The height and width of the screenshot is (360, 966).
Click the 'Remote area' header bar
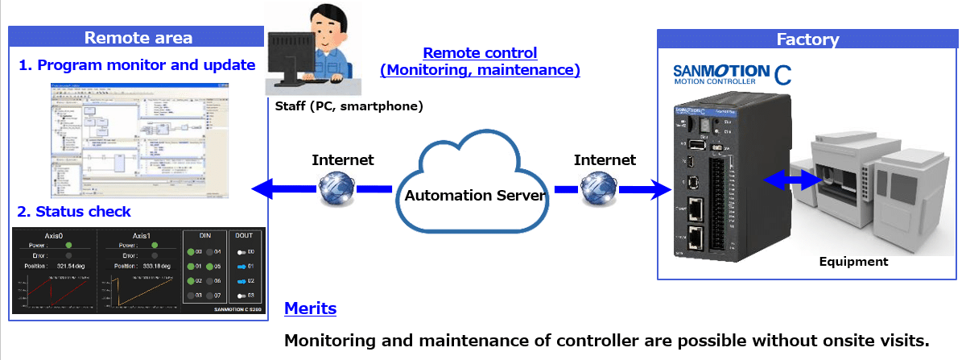click(x=138, y=37)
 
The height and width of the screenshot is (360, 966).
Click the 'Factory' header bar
click(x=807, y=39)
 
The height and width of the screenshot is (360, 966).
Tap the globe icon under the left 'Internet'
click(x=336, y=189)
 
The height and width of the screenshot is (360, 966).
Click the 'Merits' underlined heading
click(x=310, y=308)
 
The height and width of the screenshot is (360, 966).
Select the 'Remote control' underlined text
click(x=480, y=53)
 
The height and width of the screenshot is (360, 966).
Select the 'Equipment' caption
click(x=853, y=261)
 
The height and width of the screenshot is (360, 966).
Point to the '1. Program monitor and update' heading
click(x=137, y=65)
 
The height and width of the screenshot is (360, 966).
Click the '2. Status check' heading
click(x=74, y=212)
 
